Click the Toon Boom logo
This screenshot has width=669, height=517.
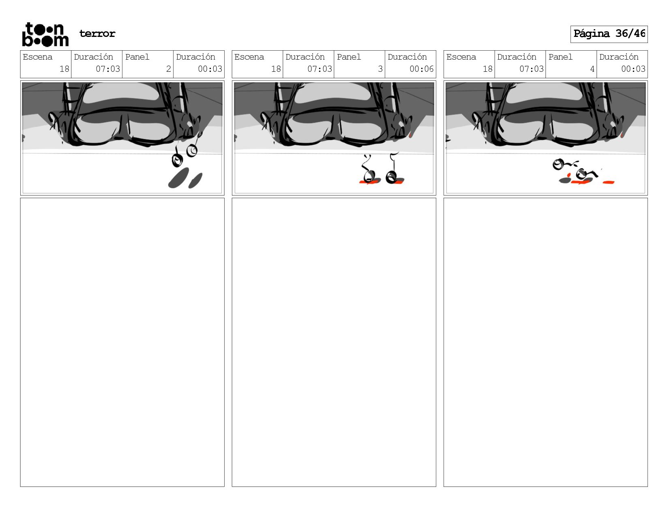(x=45, y=34)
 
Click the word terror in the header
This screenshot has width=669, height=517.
(x=97, y=33)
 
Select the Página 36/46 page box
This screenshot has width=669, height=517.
(x=609, y=34)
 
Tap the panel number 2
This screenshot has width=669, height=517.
(x=168, y=69)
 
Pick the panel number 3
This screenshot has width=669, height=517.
(x=380, y=69)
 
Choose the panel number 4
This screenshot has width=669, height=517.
(x=592, y=69)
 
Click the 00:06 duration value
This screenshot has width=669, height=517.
(x=422, y=69)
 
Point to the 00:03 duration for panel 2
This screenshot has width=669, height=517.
(x=210, y=69)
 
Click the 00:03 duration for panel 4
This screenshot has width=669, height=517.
(x=633, y=69)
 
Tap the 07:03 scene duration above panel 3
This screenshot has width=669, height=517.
(x=319, y=69)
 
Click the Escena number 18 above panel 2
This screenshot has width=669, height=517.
(x=64, y=69)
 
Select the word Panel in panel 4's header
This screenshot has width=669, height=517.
(x=560, y=57)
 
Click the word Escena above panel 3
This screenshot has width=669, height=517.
(x=249, y=57)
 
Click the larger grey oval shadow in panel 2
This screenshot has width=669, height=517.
(x=178, y=178)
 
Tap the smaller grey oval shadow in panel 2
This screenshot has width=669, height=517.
(x=195, y=181)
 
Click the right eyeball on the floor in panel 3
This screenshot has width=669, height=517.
(x=391, y=177)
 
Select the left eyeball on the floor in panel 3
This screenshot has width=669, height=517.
(x=369, y=177)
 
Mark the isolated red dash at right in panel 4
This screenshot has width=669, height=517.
(x=608, y=182)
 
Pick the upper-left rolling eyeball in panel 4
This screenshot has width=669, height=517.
(x=558, y=165)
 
